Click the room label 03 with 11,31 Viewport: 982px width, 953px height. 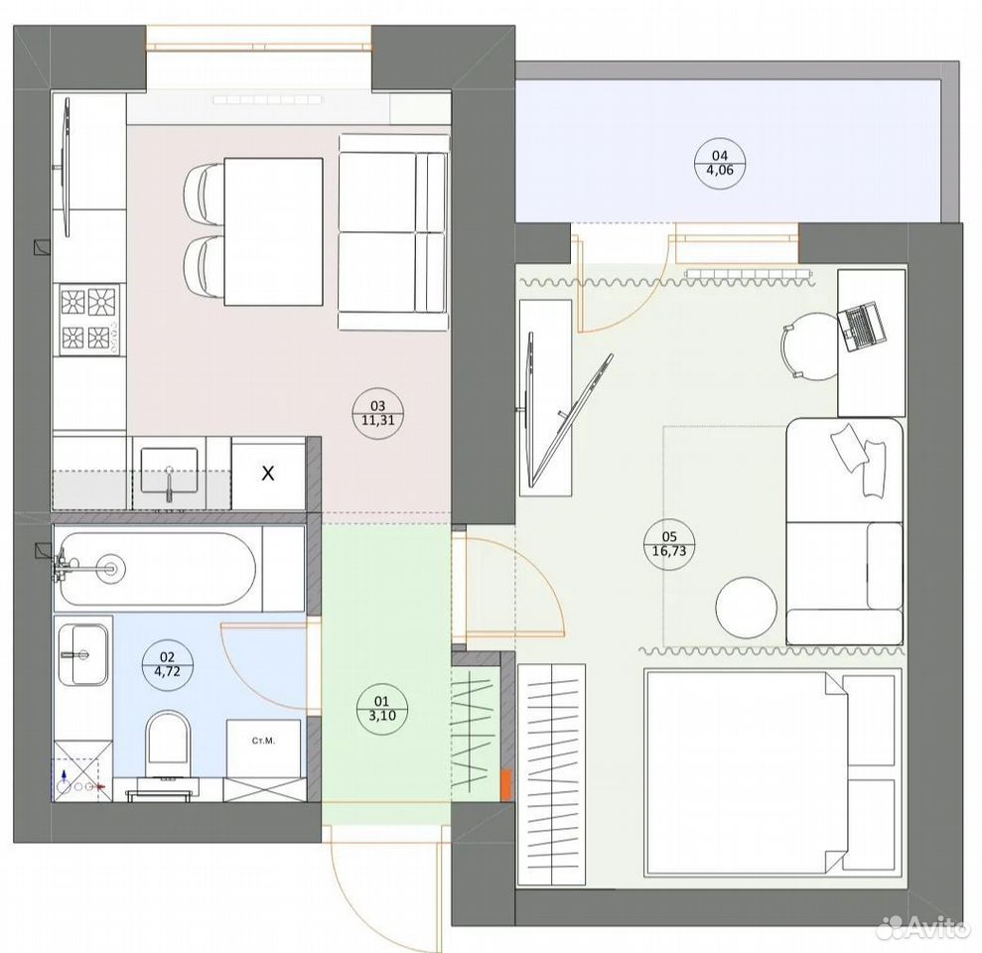coord(378,413)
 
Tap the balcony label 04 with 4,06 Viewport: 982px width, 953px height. coord(720,163)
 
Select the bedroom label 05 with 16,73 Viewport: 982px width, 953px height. coord(669,543)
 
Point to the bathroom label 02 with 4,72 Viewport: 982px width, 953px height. coord(167,664)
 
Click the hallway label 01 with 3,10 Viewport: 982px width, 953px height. coord(381,708)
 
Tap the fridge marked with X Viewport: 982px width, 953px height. coord(268,474)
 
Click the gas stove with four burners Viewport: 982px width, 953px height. coord(89,319)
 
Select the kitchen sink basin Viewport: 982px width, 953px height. coord(169,471)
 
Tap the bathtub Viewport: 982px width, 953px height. coord(156,569)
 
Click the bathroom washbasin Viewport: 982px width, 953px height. coord(83,654)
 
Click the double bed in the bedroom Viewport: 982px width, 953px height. coord(772,772)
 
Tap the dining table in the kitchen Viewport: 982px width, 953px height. coord(274,231)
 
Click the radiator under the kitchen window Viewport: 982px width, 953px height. coord(267,99)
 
